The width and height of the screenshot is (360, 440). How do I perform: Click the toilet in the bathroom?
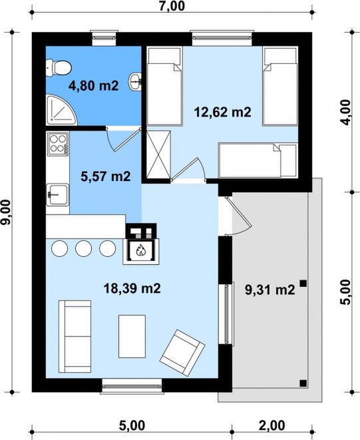[x=59, y=68]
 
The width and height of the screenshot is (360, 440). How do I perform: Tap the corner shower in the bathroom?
[x=61, y=110]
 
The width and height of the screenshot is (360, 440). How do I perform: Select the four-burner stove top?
[x=58, y=144]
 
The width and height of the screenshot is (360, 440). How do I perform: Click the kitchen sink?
[x=57, y=194]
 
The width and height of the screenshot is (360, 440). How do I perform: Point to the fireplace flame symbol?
[x=140, y=250]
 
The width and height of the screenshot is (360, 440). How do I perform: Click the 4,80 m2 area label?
[x=94, y=86]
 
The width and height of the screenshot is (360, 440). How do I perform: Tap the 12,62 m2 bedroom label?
[x=222, y=112]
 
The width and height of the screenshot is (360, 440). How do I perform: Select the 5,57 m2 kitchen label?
[x=106, y=177]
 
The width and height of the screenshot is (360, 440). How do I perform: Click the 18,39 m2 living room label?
[x=132, y=288]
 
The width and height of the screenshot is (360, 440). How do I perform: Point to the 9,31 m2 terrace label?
[x=270, y=290]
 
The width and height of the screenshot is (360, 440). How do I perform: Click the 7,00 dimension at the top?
[x=172, y=6]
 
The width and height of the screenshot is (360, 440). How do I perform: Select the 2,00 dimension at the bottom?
[x=272, y=425]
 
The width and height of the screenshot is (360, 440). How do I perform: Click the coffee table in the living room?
[x=132, y=336]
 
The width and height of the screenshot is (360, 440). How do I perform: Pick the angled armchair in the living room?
[x=182, y=353]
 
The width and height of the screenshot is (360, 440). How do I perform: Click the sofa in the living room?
[x=75, y=336]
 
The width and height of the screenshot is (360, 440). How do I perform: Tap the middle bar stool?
[x=84, y=248]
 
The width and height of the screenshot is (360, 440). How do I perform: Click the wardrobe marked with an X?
[x=158, y=154]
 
